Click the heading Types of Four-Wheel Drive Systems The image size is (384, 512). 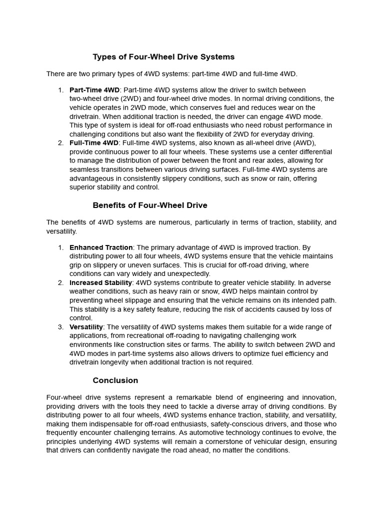(x=163, y=57)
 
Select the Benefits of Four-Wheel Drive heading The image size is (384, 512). (x=150, y=205)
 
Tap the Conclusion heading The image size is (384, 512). (x=115, y=380)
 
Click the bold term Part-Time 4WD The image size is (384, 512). (x=94, y=90)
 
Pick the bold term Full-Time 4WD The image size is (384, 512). (x=94, y=143)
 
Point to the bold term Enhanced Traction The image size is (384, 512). (x=101, y=247)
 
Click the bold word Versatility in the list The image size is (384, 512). (x=86, y=327)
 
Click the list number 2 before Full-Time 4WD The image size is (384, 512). (x=60, y=143)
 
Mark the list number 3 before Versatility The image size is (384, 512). (x=60, y=327)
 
